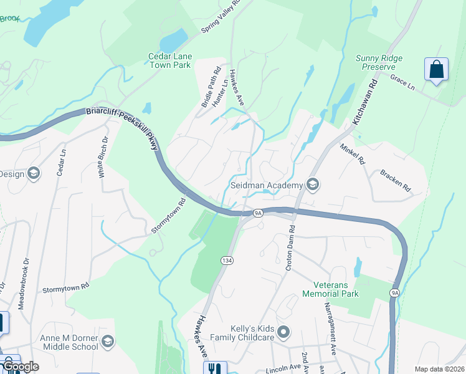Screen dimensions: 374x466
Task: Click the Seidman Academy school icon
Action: (313, 185)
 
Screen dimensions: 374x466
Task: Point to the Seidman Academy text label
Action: (266, 185)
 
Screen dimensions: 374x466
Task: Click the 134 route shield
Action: (226, 258)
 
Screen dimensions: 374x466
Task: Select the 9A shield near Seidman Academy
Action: (259, 213)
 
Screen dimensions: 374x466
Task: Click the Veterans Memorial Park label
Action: (331, 289)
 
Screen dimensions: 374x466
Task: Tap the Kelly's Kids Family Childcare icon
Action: (284, 332)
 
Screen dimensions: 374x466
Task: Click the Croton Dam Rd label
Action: (290, 252)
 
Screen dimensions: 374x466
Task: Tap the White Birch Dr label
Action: (103, 158)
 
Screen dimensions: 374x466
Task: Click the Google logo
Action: (22, 367)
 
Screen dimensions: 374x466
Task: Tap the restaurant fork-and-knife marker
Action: (214, 368)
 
